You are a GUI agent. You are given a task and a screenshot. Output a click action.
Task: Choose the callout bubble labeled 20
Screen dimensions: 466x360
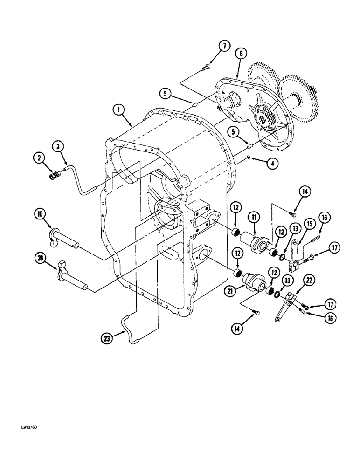pyautogui.click(x=40, y=258)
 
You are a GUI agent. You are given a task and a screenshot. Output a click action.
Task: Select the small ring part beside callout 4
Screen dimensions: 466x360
pyautogui.click(x=250, y=157)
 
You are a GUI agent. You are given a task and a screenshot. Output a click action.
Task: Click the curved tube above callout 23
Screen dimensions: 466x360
pyautogui.click(x=129, y=332)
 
